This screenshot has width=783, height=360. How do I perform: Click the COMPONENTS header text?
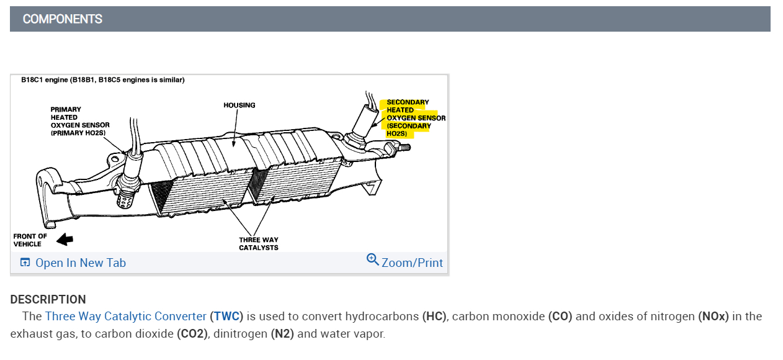point(62,19)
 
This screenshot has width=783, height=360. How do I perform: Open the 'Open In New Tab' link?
point(80,263)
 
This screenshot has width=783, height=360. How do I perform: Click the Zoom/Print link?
point(412,263)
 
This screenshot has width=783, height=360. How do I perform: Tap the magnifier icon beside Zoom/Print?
point(373,259)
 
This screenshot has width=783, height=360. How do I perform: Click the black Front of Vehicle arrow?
point(65,240)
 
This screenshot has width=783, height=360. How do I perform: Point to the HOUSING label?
point(239,106)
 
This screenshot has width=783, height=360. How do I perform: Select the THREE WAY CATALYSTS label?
point(258,244)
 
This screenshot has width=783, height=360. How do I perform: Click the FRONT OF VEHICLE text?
point(30,240)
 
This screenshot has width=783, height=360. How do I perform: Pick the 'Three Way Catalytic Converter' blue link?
point(125,316)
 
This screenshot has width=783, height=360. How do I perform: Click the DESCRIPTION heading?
point(48,299)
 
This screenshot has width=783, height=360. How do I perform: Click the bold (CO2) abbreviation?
point(192,333)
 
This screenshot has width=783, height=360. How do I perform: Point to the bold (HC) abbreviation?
point(434,316)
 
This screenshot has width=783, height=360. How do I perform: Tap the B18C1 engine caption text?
point(102,80)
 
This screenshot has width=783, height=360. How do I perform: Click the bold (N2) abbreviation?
point(282,333)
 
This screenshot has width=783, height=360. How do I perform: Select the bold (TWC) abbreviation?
point(226,316)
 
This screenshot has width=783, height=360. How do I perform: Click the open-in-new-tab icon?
point(25,263)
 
